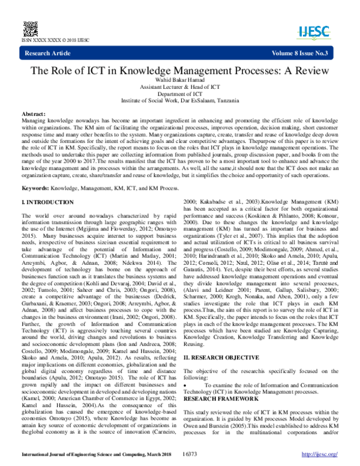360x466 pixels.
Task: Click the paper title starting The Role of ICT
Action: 179,70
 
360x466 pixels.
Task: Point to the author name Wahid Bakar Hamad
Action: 180,82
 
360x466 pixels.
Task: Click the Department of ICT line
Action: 180,94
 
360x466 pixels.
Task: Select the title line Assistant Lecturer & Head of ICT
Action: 180,88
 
